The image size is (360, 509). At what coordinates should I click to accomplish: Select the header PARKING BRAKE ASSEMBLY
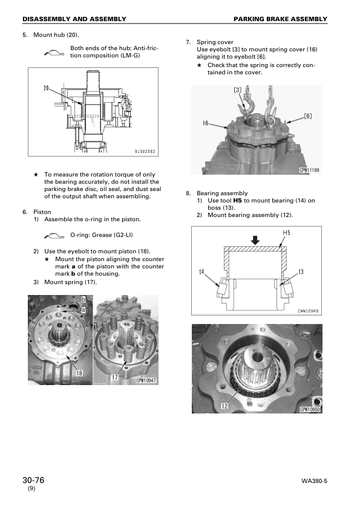pyautogui.click(x=289, y=19)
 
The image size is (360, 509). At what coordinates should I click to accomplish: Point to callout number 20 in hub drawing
pyautogui.click(x=46, y=88)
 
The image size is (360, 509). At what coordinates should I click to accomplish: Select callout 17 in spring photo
pyautogui.click(x=114, y=378)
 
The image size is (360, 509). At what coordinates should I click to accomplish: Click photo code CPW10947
pyautogui.click(x=146, y=380)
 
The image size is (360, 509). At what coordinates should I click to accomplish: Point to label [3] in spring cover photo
pyautogui.click(x=238, y=90)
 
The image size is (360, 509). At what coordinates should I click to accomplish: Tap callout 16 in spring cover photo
pyautogui.click(x=205, y=123)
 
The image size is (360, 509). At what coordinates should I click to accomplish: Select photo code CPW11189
pyautogui.click(x=309, y=170)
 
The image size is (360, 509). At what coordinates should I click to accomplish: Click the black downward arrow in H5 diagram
pyautogui.click(x=255, y=240)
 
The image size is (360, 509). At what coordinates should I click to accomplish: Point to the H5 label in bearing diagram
pyautogui.click(x=286, y=233)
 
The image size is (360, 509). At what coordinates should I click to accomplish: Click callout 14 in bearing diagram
pyautogui.click(x=201, y=271)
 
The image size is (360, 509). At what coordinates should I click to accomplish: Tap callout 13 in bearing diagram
pyautogui.click(x=301, y=271)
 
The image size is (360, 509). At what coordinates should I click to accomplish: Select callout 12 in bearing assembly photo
pyautogui.click(x=224, y=406)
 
